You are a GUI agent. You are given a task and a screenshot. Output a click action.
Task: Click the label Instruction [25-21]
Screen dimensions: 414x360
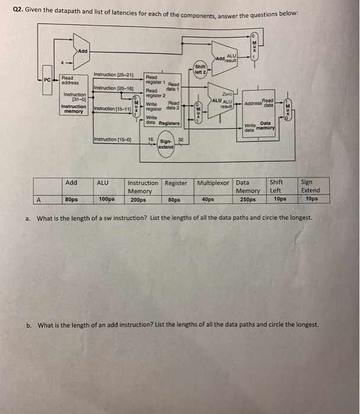113,75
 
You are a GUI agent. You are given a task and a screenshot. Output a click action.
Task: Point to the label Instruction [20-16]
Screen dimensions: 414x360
112,88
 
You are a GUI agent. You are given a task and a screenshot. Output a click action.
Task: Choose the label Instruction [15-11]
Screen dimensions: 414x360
112,108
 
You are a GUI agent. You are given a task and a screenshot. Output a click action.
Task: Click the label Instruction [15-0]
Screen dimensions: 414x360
112,139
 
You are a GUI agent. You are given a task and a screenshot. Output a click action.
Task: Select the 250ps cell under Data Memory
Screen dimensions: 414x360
248,199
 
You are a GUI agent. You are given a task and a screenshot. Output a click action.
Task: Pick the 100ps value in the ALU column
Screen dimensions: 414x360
107,199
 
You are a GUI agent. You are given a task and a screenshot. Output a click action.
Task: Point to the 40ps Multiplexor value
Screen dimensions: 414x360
207,199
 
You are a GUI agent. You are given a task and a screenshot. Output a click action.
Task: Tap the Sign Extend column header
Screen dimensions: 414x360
310,186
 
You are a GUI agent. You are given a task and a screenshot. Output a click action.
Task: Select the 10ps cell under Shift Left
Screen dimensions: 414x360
280,199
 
